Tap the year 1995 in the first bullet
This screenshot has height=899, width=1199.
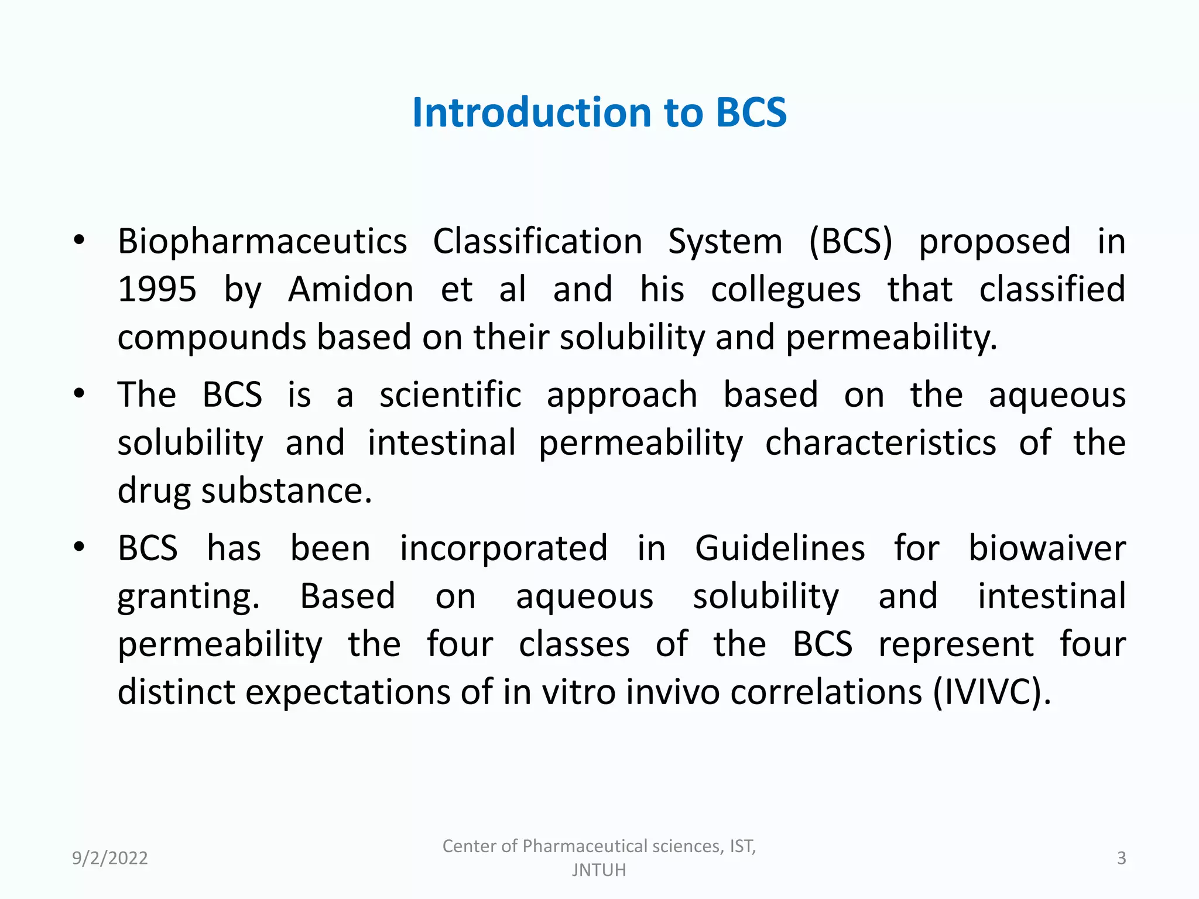tap(157, 289)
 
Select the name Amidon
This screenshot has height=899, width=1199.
tap(351, 289)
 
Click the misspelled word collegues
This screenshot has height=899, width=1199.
tap(786, 290)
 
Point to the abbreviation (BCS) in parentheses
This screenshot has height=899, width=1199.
tap(851, 241)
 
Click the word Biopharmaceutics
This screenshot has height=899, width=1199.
tap(262, 242)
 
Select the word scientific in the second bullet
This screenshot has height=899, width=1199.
tap(450, 394)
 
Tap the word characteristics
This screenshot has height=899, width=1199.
tap(881, 442)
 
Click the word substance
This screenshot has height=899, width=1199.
tap(286, 490)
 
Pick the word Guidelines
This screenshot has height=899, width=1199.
tap(780, 548)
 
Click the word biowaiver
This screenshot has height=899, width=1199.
tap(1047, 548)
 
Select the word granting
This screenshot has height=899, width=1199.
tap(189, 598)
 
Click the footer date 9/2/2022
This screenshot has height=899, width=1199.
tap(110, 858)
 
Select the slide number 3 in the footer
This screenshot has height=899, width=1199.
tap(1121, 858)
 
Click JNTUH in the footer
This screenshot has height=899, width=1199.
tap(599, 870)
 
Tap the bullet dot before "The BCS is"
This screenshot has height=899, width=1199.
tap(80, 394)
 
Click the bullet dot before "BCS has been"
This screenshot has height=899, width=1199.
tap(80, 548)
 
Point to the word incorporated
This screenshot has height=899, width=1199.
tap(503, 550)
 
